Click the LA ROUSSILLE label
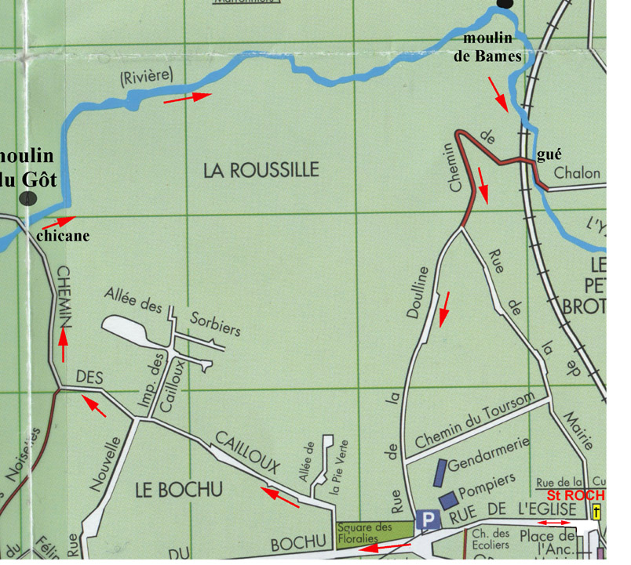(x=261, y=170)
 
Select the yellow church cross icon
(x=597, y=513)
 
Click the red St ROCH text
(x=576, y=495)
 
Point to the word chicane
(x=63, y=235)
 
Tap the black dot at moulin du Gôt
(x=28, y=197)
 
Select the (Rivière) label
(x=146, y=78)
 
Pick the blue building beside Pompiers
(x=448, y=499)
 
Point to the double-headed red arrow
(x=553, y=523)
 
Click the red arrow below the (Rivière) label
(x=187, y=97)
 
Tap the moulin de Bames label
(x=492, y=47)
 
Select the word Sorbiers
(x=216, y=326)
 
